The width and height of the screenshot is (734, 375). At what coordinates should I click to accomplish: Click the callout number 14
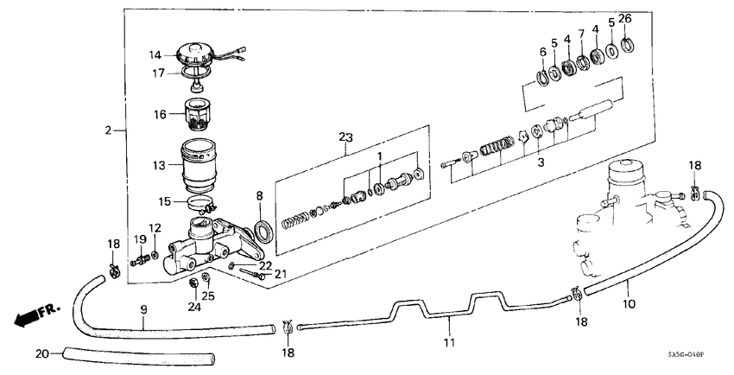[155, 54]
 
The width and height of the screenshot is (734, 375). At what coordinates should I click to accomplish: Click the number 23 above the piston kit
[346, 137]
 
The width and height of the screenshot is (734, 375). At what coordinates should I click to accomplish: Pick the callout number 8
[258, 197]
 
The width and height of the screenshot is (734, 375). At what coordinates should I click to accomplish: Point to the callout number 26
[625, 19]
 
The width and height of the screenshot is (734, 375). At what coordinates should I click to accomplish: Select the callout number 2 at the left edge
[109, 130]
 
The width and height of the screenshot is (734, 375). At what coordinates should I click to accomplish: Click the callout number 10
[628, 303]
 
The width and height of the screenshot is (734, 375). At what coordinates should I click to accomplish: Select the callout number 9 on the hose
[144, 308]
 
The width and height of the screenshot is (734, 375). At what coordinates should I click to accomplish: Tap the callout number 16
[161, 113]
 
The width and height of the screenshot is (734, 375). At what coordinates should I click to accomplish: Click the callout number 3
[541, 161]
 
